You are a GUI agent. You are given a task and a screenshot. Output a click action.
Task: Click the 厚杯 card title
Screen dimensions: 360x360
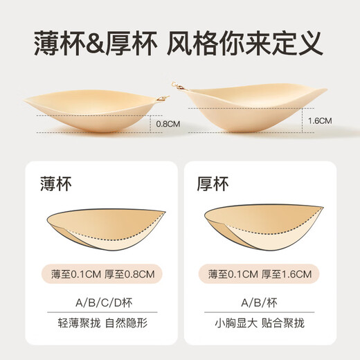click(213, 185)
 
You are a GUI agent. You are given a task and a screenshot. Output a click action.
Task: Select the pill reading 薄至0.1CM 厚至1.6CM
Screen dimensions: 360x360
click(260, 274)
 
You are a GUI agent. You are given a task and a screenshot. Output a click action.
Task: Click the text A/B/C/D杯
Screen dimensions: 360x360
click(99, 302)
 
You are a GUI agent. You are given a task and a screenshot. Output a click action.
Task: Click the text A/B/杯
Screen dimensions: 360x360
click(260, 302)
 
